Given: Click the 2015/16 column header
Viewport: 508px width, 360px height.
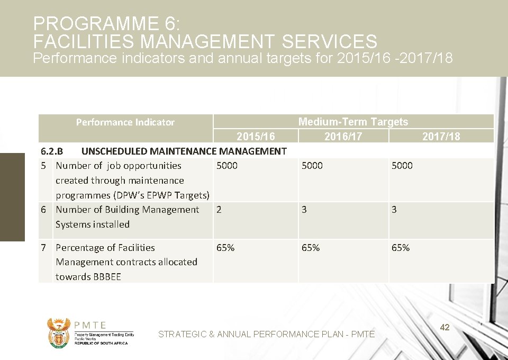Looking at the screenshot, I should point(256,137).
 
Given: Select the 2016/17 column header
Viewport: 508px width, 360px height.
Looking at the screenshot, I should point(343,137).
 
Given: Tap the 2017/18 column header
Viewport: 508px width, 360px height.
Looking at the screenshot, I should point(441,137).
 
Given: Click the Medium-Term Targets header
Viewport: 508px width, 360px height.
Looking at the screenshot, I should point(353,122).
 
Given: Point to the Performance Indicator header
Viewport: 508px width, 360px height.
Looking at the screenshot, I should point(125,122).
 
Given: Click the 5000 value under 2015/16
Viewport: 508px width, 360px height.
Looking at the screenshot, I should point(227,166).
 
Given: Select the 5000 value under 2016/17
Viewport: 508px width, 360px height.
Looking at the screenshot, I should point(312,166).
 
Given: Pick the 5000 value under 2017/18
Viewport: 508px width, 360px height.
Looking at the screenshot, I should point(402,166).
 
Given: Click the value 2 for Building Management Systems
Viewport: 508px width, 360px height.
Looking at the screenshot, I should point(219,210).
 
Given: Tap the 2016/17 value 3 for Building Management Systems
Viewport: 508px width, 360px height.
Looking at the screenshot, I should point(304,210).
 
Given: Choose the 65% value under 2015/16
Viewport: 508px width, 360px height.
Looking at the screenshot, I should point(225,248).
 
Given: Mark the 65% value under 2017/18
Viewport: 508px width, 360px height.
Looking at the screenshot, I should point(401,248).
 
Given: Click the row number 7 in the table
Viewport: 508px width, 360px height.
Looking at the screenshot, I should point(44,248).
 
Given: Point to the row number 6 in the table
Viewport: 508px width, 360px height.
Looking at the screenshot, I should point(44,210).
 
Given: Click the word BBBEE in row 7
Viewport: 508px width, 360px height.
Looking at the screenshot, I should point(106,277).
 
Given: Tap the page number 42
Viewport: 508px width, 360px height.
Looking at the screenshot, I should point(445,328).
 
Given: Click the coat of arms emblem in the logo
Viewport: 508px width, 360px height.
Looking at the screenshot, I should point(58,332).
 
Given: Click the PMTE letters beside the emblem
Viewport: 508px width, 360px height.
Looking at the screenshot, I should point(90,326).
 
